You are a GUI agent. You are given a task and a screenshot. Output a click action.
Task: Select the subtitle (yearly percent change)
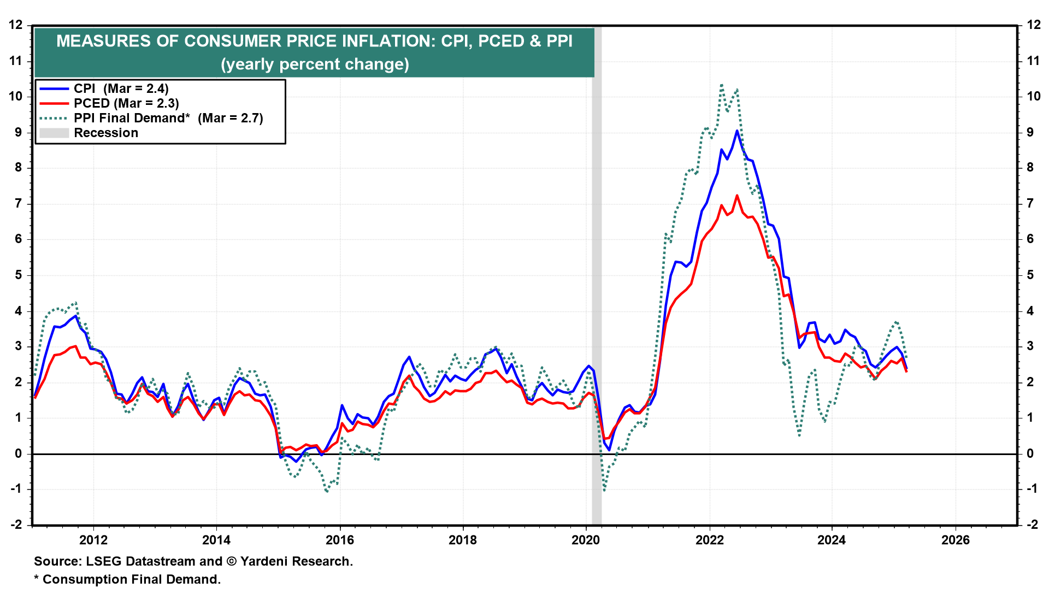tap(315, 64)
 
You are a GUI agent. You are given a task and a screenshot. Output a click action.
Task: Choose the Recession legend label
tap(106, 133)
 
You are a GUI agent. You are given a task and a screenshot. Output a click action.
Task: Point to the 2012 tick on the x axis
tap(93, 540)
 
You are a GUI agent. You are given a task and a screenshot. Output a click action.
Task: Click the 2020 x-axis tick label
tap(586, 540)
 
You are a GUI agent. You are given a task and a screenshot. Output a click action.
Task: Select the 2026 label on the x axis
tap(956, 540)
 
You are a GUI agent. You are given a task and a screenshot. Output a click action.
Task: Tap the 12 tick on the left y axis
tap(16, 25)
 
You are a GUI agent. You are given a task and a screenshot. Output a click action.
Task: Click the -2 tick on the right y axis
tap(1032, 524)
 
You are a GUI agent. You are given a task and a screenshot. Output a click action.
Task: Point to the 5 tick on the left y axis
tap(19, 275)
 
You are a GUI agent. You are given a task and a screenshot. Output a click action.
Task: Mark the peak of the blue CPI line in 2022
tap(737, 131)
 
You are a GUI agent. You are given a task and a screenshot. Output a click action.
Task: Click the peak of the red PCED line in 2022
tap(737, 195)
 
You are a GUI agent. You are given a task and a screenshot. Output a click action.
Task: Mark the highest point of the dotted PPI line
tap(722, 85)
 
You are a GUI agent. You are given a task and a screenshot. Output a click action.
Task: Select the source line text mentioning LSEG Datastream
tap(193, 561)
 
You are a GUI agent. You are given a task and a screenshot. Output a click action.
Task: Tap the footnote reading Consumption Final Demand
tap(127, 579)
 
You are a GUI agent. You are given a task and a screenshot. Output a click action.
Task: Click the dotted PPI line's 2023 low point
tap(799, 435)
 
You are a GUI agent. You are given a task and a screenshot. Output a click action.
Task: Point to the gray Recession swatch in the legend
tap(54, 133)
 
